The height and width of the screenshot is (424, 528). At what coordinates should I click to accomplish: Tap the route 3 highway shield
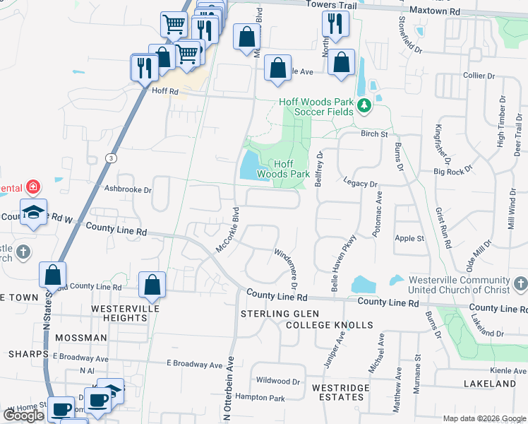click(x=112, y=158)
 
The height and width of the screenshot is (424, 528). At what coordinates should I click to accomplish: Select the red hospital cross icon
click(x=32, y=187)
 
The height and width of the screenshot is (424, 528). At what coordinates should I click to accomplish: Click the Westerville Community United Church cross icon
click(x=520, y=285)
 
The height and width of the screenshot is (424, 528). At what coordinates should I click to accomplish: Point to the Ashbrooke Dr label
click(x=128, y=190)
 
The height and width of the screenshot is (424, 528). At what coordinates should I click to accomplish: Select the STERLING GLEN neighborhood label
click(x=280, y=313)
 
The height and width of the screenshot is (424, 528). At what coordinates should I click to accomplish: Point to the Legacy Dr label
click(x=362, y=184)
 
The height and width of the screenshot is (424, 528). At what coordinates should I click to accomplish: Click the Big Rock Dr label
click(x=451, y=172)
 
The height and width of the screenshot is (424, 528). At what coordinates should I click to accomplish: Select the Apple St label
click(x=409, y=239)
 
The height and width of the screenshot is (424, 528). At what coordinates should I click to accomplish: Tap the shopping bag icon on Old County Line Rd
click(x=152, y=285)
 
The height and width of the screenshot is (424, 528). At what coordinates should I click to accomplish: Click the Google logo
click(x=23, y=416)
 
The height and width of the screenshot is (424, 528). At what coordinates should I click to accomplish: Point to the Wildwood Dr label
click(x=278, y=381)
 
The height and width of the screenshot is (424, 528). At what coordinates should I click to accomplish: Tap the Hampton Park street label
click(x=260, y=399)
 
